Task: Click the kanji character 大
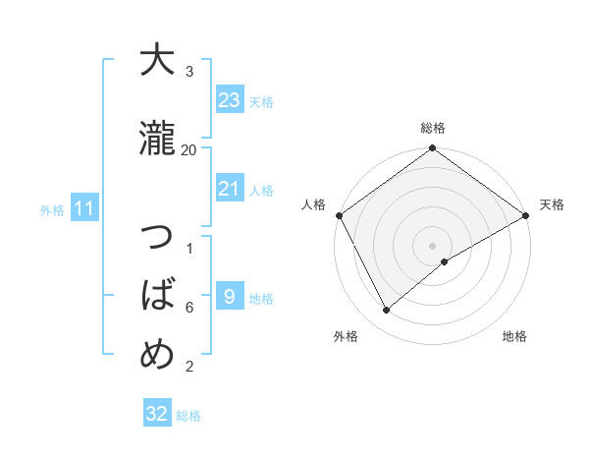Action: (157, 61)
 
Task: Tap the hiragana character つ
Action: (157, 241)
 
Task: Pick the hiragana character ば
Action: (157, 295)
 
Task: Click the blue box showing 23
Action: (229, 100)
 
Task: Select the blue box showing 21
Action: (229, 190)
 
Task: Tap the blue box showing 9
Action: (229, 297)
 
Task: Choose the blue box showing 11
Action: (83, 208)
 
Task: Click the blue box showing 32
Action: (157, 414)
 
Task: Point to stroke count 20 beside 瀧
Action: (189, 149)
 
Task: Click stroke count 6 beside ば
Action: (189, 308)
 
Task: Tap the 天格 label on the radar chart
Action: (552, 204)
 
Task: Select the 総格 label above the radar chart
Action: (433, 128)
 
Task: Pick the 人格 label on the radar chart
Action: (313, 204)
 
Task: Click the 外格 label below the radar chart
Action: (346, 336)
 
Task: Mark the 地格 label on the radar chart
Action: (514, 336)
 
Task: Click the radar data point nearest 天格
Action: (526, 215)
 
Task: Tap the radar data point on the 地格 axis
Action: (445, 261)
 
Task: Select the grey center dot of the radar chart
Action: (433, 245)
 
